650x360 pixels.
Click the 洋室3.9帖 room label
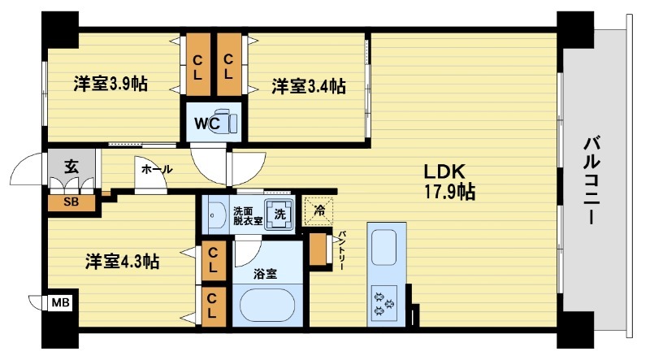click(x=110, y=84)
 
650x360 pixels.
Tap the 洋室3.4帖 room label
click(x=308, y=85)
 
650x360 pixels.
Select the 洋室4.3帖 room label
click(x=123, y=261)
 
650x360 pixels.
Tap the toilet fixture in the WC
click(x=230, y=123)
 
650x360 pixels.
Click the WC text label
click(x=205, y=124)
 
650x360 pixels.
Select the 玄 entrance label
click(x=71, y=169)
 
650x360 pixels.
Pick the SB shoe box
click(x=71, y=202)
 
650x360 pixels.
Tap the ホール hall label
click(x=156, y=169)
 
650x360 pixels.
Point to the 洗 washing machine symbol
click(x=279, y=214)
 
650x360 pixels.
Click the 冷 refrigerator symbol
click(x=319, y=210)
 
